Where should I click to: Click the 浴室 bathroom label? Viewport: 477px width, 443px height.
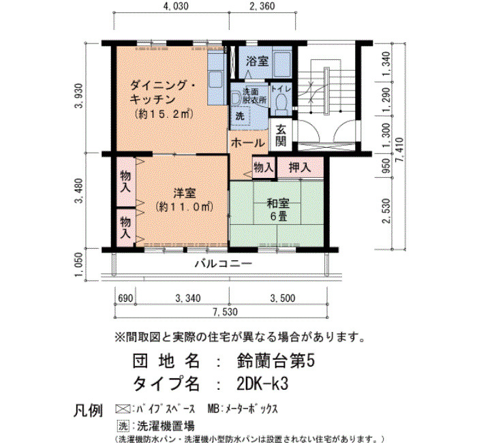(258, 61)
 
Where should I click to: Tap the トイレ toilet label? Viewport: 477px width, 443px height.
(281, 89)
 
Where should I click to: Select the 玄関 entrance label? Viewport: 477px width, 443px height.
(281, 136)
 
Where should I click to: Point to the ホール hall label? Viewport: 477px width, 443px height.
(247, 142)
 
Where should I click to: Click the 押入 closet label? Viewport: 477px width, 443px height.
(300, 167)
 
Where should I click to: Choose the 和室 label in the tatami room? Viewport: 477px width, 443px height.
(278, 203)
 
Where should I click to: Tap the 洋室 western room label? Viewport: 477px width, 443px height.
(185, 193)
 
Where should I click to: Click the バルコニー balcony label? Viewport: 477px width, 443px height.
(224, 263)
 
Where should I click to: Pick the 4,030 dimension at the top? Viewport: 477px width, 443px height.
(176, 6)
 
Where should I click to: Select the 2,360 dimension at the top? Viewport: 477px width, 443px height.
(262, 6)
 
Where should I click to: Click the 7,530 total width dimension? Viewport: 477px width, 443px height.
(225, 312)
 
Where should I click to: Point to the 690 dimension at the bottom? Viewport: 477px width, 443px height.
(125, 299)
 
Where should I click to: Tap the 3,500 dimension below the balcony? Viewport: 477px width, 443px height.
(283, 299)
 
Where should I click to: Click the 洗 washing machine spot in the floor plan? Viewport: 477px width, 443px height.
(240, 116)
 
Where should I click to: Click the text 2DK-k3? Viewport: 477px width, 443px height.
(262, 384)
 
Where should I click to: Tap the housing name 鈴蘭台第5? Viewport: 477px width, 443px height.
(275, 361)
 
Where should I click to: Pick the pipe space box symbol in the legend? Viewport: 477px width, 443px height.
(123, 409)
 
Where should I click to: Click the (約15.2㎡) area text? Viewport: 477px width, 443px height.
(164, 114)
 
